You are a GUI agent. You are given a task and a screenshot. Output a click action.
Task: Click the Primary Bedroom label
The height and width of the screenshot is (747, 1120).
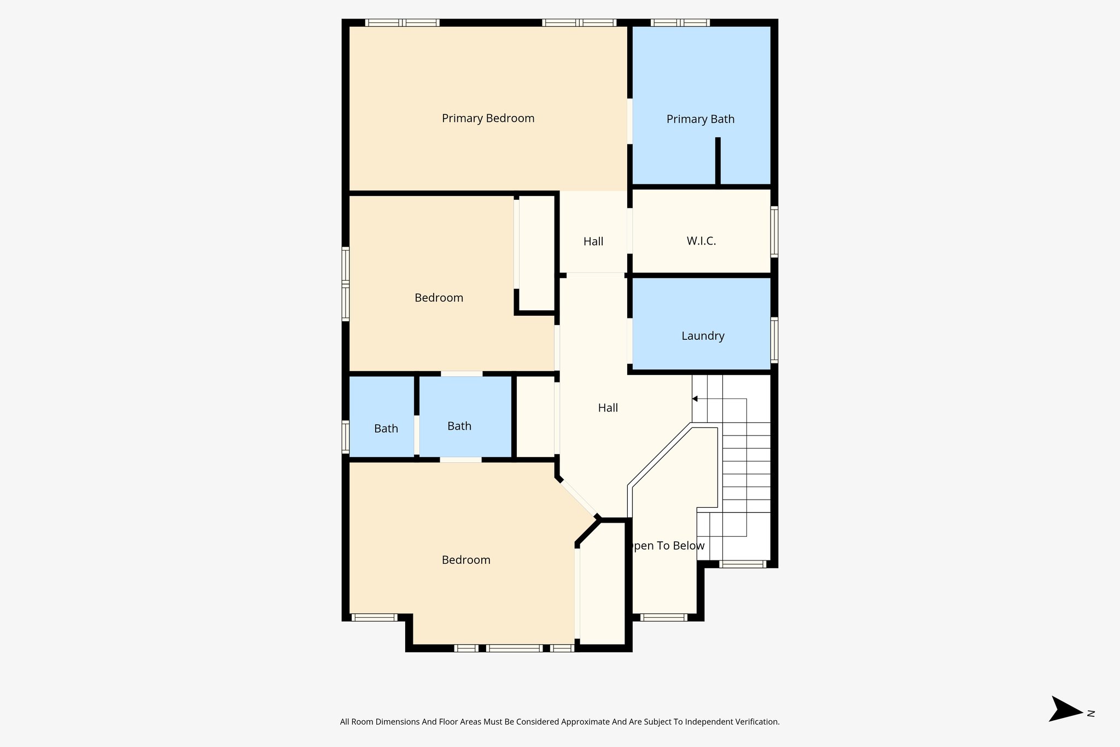(x=488, y=118)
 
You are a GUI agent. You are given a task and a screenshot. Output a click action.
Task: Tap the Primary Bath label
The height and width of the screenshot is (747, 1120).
(x=700, y=119)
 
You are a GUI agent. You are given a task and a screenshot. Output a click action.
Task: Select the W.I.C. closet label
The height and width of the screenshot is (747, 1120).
(x=701, y=241)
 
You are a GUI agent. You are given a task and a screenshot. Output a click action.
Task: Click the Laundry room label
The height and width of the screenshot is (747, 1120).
(x=703, y=336)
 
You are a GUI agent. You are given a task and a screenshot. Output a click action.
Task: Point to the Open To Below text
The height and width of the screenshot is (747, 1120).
(x=666, y=546)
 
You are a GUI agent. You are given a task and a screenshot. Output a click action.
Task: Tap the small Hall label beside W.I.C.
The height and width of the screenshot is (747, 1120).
(x=593, y=241)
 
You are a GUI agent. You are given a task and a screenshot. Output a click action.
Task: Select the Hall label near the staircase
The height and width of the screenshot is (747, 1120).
(x=608, y=408)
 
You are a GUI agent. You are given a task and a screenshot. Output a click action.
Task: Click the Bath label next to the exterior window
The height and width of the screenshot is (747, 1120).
(x=386, y=428)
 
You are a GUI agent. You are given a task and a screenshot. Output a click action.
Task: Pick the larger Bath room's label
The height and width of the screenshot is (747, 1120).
(x=459, y=426)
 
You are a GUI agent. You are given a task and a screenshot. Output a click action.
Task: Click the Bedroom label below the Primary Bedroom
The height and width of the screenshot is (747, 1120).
(x=439, y=298)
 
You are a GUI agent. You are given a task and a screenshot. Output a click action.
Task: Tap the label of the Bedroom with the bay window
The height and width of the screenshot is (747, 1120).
(x=466, y=560)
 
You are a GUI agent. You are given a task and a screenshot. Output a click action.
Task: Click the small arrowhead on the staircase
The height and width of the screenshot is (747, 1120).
(x=695, y=399)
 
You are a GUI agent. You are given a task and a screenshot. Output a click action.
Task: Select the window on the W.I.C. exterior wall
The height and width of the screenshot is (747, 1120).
(x=774, y=231)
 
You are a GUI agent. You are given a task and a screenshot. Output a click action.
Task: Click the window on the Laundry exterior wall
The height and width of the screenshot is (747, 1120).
(x=774, y=340)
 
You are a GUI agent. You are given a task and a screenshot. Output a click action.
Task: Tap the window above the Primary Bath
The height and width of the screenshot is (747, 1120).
(x=680, y=23)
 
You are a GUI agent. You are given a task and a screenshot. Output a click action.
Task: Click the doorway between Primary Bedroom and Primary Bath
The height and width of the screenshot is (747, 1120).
(x=629, y=121)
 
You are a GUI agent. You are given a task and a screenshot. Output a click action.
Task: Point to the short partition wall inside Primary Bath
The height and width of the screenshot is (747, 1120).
(x=717, y=161)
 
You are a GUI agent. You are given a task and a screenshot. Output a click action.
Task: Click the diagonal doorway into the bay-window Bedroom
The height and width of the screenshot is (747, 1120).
(x=577, y=497)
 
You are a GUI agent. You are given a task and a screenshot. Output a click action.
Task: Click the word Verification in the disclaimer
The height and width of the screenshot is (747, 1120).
(x=758, y=722)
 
